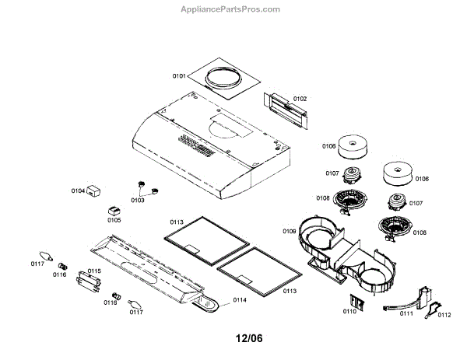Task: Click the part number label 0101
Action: [179, 77]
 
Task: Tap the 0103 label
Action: [137, 200]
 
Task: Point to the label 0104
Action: [78, 190]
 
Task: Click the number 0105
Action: [114, 220]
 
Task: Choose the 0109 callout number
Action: [289, 231]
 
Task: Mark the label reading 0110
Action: [349, 312]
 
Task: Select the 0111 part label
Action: [406, 313]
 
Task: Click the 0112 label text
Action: [444, 315]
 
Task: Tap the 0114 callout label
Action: [240, 299]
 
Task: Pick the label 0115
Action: [93, 271]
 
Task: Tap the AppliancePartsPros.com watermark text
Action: [230, 9]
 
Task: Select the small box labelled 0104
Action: [97, 190]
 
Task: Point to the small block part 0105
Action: [114, 209]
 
